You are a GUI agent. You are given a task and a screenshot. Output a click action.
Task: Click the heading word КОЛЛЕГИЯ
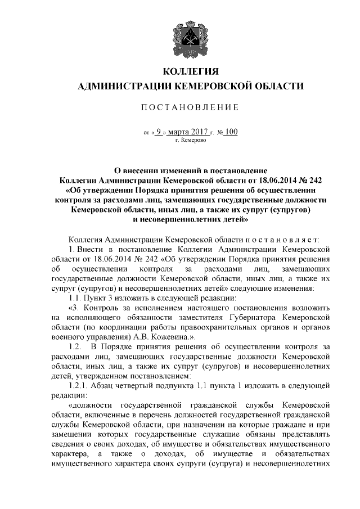point(190,71)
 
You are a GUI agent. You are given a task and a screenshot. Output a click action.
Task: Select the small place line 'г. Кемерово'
point(191,141)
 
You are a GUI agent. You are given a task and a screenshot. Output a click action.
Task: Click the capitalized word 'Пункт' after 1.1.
point(96,298)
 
